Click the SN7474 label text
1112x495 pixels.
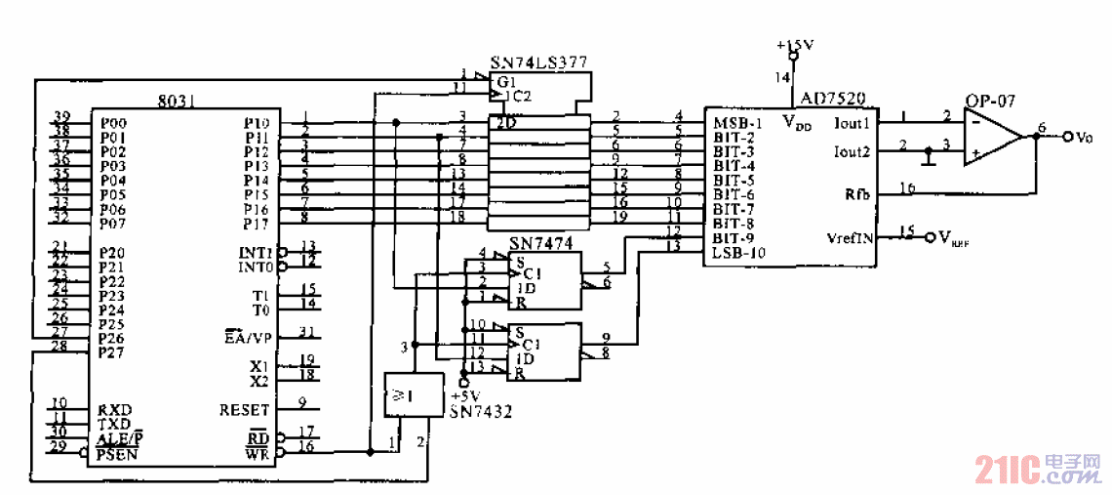click(542, 242)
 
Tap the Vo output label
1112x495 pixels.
click(1083, 138)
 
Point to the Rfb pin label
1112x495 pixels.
click(855, 194)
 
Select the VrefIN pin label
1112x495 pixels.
click(849, 237)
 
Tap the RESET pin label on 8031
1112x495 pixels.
click(244, 410)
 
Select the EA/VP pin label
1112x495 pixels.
click(246, 338)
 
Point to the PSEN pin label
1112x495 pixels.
click(117, 454)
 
